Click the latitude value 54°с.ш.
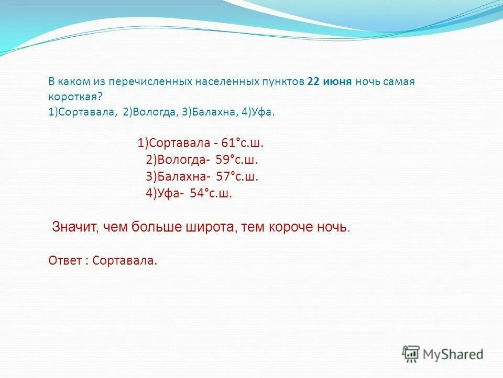[x=211, y=193]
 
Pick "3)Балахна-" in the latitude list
[x=179, y=177]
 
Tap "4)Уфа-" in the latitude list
[x=165, y=193]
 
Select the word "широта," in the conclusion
[x=210, y=227]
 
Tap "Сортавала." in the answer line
[x=124, y=260]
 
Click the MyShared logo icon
[x=411, y=354]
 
